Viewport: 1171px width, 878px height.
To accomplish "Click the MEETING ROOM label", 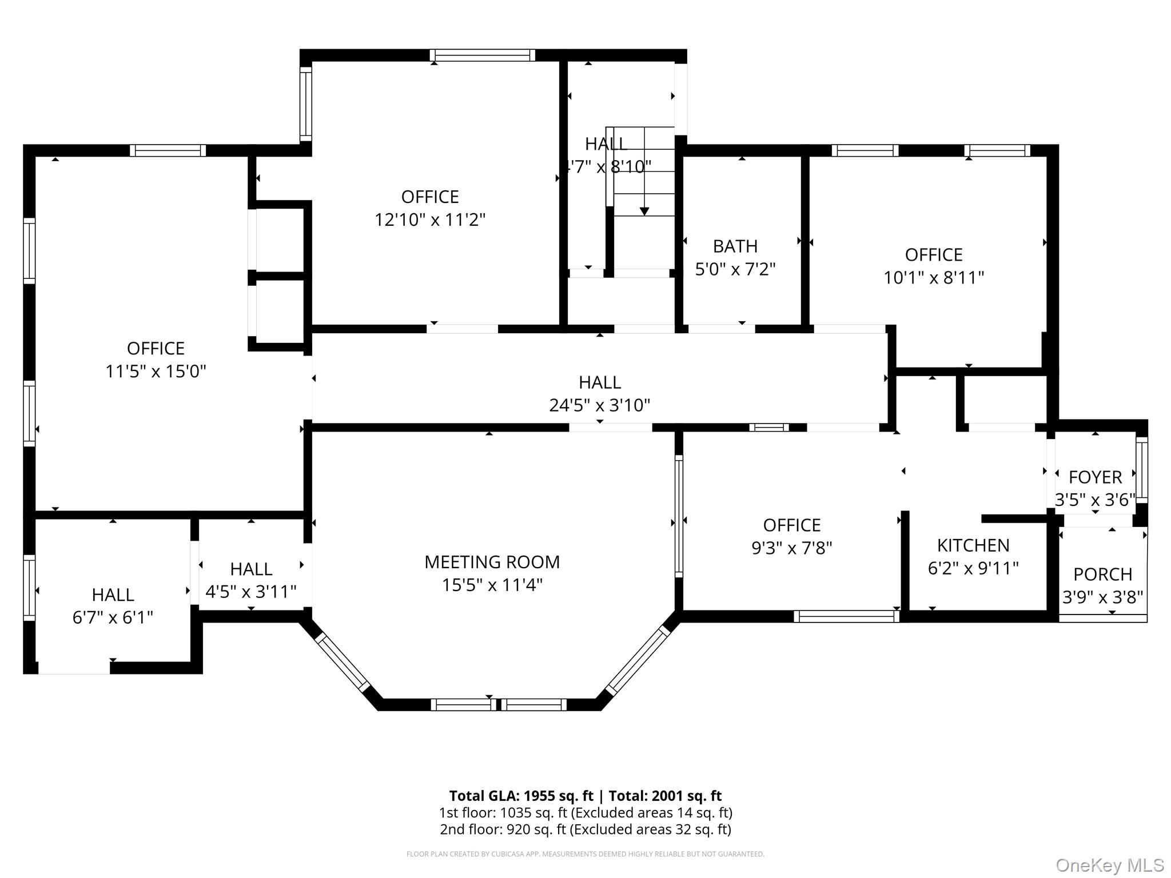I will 492,562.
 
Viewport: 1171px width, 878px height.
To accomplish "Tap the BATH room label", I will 735,246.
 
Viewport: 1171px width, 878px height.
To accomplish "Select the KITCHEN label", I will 973,545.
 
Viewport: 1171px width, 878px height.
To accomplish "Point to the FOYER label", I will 1095,477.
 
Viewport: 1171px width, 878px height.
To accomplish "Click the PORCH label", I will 1102,574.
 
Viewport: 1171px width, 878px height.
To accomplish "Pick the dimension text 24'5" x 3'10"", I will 599,405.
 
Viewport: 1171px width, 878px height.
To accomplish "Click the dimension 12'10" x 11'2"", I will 429,219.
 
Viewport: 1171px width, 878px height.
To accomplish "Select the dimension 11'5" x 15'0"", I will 156,372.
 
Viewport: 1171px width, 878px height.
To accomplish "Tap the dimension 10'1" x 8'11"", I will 933,278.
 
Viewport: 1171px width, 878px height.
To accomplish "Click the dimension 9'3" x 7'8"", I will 791,548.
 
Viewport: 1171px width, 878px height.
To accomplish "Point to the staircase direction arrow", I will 644,210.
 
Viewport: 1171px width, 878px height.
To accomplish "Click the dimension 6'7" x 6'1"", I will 113,617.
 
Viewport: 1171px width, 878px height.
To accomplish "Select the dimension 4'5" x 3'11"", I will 250,592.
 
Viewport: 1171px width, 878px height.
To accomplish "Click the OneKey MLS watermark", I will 1109,865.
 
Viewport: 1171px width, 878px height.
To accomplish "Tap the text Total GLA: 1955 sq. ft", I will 521,796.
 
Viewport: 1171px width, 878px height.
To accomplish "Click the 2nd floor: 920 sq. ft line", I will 585,829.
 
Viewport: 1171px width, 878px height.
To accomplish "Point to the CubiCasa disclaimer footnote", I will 585,854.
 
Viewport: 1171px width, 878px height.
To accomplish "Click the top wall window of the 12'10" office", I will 482,55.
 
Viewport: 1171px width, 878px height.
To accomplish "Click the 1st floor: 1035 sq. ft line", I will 585,813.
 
